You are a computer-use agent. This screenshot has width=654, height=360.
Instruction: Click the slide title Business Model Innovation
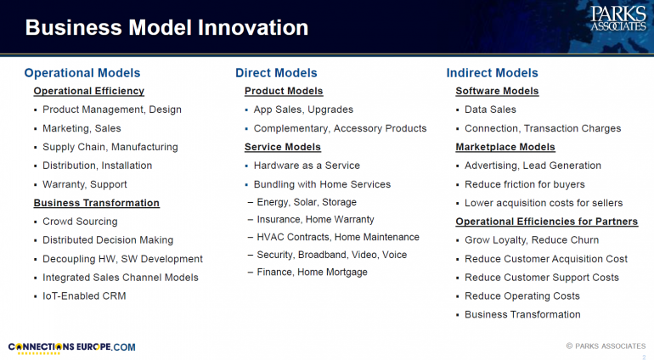(166, 27)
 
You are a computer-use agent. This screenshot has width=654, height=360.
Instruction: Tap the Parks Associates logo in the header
(618, 19)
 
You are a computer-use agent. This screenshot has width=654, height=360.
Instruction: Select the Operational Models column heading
(82, 73)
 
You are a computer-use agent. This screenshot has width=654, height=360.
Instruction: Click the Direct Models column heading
(276, 73)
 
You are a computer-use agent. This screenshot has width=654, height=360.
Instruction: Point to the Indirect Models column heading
(492, 73)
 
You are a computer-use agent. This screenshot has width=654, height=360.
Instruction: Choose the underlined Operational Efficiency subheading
(89, 91)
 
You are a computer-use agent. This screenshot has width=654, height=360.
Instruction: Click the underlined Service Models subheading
(283, 147)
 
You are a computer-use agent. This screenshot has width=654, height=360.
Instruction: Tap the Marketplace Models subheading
(505, 147)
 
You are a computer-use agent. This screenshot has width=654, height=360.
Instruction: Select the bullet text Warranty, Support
(85, 184)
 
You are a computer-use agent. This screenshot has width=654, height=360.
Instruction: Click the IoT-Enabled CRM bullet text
(84, 296)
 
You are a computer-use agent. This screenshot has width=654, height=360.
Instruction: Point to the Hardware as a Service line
(307, 166)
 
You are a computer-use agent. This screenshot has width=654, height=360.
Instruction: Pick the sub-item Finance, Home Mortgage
(312, 272)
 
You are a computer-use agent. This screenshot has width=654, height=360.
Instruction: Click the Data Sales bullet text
(490, 110)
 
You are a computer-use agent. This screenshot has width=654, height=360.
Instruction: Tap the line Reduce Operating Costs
(522, 296)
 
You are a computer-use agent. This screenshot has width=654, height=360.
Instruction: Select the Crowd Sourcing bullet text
(80, 222)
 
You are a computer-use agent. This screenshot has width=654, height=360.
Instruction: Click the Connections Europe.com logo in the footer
(71, 348)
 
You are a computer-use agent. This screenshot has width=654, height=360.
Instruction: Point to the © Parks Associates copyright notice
(606, 346)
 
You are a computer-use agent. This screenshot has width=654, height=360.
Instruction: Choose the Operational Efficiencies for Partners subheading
(546, 222)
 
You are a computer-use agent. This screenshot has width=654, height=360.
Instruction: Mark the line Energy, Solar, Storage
(307, 202)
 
